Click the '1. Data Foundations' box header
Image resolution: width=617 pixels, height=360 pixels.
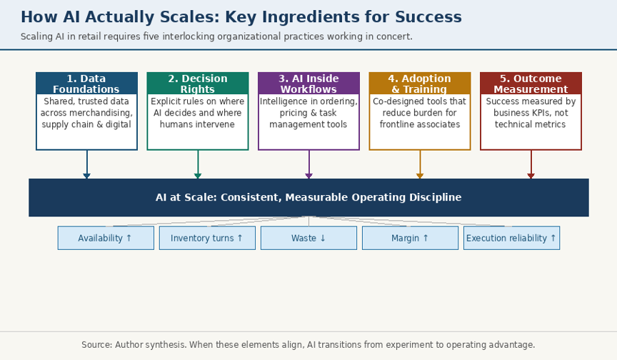click(86, 84)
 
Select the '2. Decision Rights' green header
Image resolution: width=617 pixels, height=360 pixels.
click(198, 84)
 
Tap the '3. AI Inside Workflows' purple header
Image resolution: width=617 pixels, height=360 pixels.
click(309, 84)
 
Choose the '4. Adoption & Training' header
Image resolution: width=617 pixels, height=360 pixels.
click(420, 84)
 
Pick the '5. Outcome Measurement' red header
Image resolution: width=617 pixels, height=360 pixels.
click(531, 84)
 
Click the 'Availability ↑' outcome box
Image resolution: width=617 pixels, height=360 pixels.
click(106, 238)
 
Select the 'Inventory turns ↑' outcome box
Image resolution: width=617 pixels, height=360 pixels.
click(207, 238)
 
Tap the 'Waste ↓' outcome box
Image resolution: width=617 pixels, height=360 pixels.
click(309, 238)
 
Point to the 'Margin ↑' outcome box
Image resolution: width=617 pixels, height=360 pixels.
click(410, 238)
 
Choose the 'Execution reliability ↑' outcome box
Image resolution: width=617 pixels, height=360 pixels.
click(511, 238)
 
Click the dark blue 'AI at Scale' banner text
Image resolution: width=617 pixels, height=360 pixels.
click(308, 197)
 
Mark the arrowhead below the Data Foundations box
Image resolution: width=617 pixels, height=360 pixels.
click(86, 176)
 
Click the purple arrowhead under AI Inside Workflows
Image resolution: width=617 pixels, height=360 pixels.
click(309, 176)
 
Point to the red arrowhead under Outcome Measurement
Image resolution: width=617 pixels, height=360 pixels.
click(531, 176)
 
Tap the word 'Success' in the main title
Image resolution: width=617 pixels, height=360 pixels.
click(428, 17)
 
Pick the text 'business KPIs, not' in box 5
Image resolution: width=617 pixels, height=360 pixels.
click(531, 113)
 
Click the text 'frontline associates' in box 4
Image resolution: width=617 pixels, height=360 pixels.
click(420, 124)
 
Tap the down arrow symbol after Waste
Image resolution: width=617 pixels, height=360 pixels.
click(323, 238)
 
